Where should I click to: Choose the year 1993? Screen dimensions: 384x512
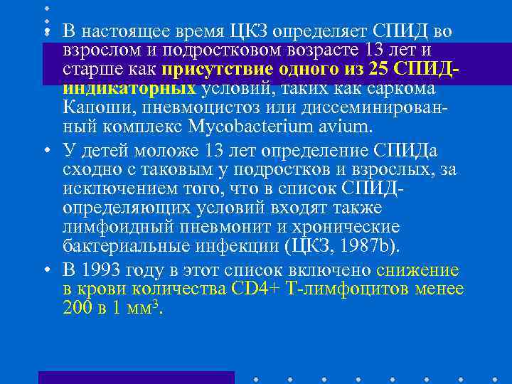[102, 271]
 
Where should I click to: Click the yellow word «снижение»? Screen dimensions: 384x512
[418, 271]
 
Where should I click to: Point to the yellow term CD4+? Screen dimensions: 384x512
[255, 290]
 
